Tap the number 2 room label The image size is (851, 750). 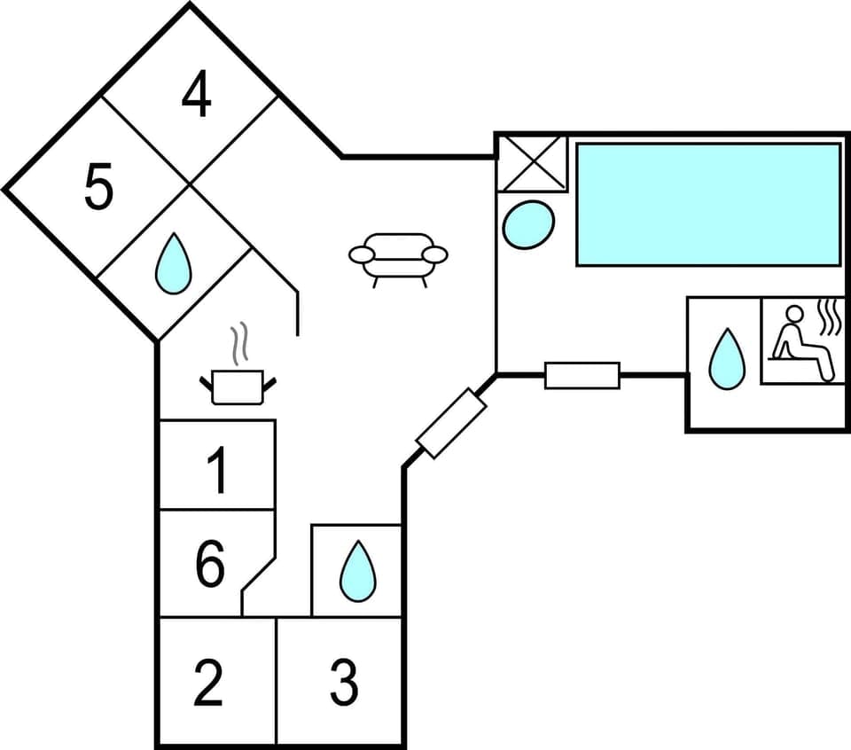click(207, 683)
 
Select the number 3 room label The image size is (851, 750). click(344, 683)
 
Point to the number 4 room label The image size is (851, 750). click(196, 97)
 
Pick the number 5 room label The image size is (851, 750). click(98, 189)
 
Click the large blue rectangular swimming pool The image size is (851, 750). click(707, 204)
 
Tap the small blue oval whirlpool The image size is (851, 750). click(528, 224)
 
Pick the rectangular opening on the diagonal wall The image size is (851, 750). click(451, 423)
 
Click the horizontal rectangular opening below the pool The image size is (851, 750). click(582, 375)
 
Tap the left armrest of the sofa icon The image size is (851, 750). click(362, 255)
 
